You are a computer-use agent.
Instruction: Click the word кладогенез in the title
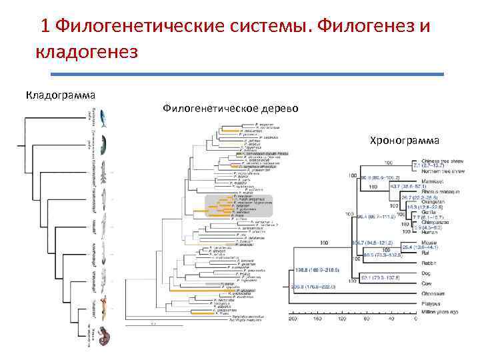[x=86, y=51]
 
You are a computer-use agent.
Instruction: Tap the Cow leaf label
[x=427, y=282]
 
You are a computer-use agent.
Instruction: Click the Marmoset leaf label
[x=434, y=181]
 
